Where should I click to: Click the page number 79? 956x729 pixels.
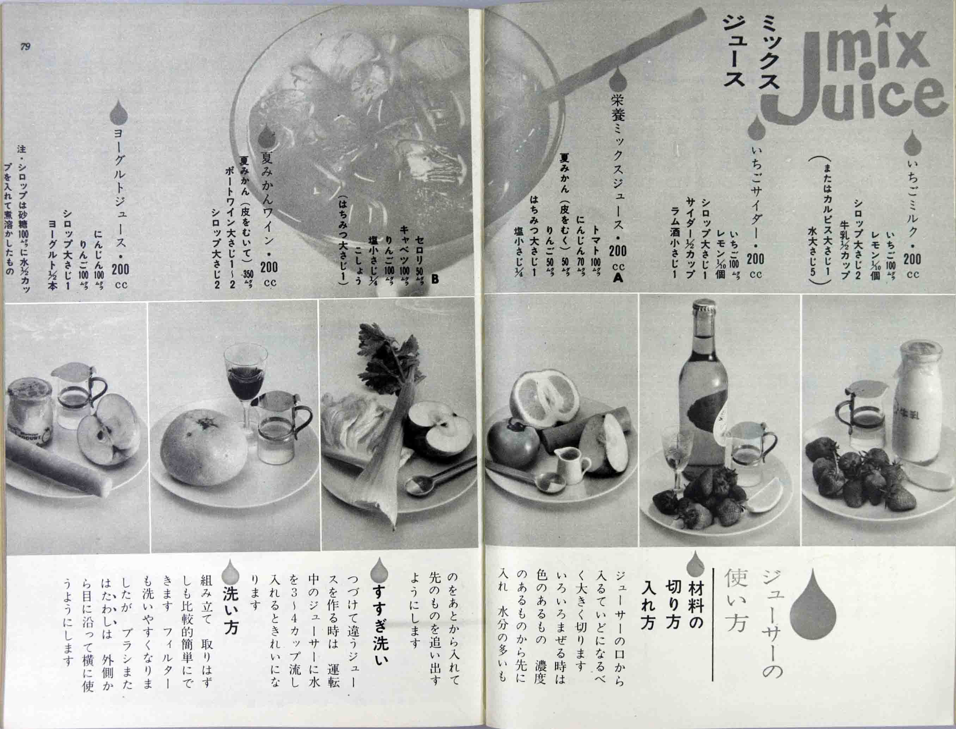click(x=25, y=47)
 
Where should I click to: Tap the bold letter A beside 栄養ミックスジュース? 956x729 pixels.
click(x=618, y=278)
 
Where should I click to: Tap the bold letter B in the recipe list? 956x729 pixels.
click(x=435, y=280)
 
